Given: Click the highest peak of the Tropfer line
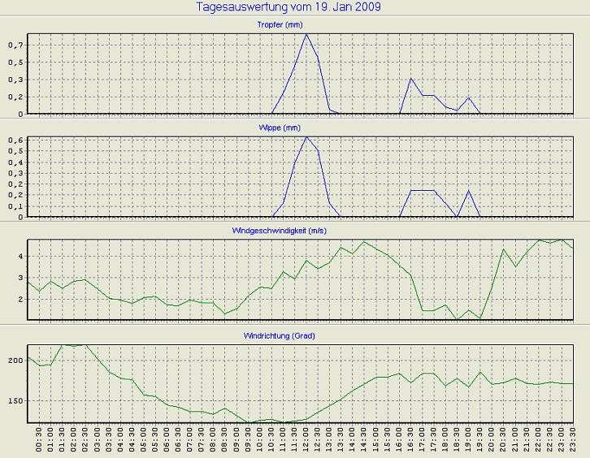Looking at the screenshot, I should click(x=306, y=34).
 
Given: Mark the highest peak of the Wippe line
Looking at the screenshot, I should click(x=306, y=136).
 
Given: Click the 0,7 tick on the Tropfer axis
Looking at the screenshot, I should click(x=14, y=45).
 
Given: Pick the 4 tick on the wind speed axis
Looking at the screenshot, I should click(x=20, y=256).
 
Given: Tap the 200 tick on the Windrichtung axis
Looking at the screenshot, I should click(x=15, y=359).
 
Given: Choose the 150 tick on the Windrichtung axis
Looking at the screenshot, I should click(x=15, y=400).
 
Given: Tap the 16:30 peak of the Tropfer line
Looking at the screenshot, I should click(x=411, y=79).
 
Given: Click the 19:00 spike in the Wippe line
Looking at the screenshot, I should click(x=469, y=191).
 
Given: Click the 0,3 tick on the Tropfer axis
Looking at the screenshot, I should click(x=14, y=80).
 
